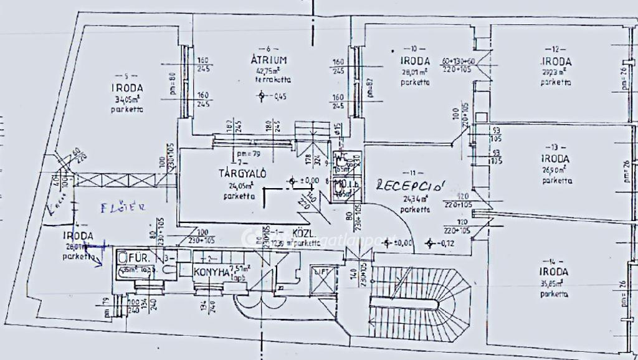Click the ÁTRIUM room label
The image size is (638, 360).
[x=269, y=60]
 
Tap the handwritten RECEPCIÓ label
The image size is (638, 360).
[x=412, y=185]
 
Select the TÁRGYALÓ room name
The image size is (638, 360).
[x=242, y=173]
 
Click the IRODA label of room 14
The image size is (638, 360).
[x=553, y=272]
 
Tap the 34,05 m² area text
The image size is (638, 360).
[x=127, y=98]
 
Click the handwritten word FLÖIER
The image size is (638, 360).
[x=124, y=207]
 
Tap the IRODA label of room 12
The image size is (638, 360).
[x=556, y=62]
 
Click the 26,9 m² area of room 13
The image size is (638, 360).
[x=553, y=169]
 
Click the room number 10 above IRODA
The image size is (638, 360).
[x=413, y=48]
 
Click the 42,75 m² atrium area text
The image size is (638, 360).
[x=268, y=70]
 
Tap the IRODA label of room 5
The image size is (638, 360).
[x=127, y=88]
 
